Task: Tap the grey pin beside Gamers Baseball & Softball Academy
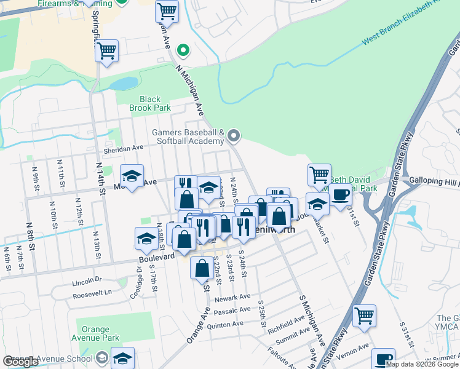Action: [233, 135]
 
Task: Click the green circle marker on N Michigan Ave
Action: [182, 50]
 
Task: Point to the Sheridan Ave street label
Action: [123, 148]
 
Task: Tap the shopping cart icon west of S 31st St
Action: [364, 316]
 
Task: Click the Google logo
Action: [20, 362]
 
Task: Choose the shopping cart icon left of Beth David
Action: [319, 175]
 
